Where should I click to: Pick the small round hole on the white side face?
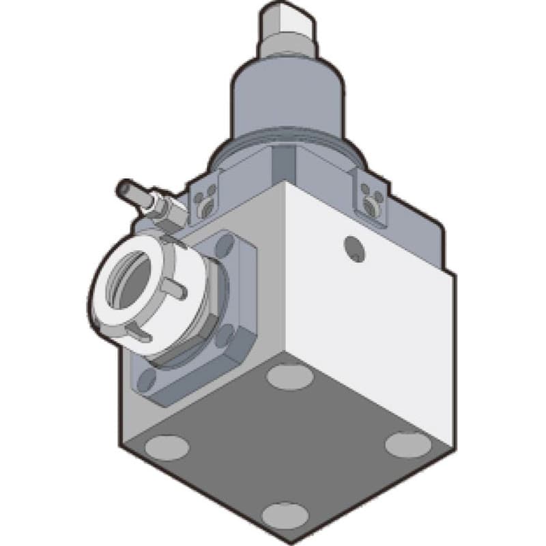coord(353,246)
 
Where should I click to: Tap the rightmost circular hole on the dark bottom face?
coord(407,444)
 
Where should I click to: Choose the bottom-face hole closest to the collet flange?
coord(288,375)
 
